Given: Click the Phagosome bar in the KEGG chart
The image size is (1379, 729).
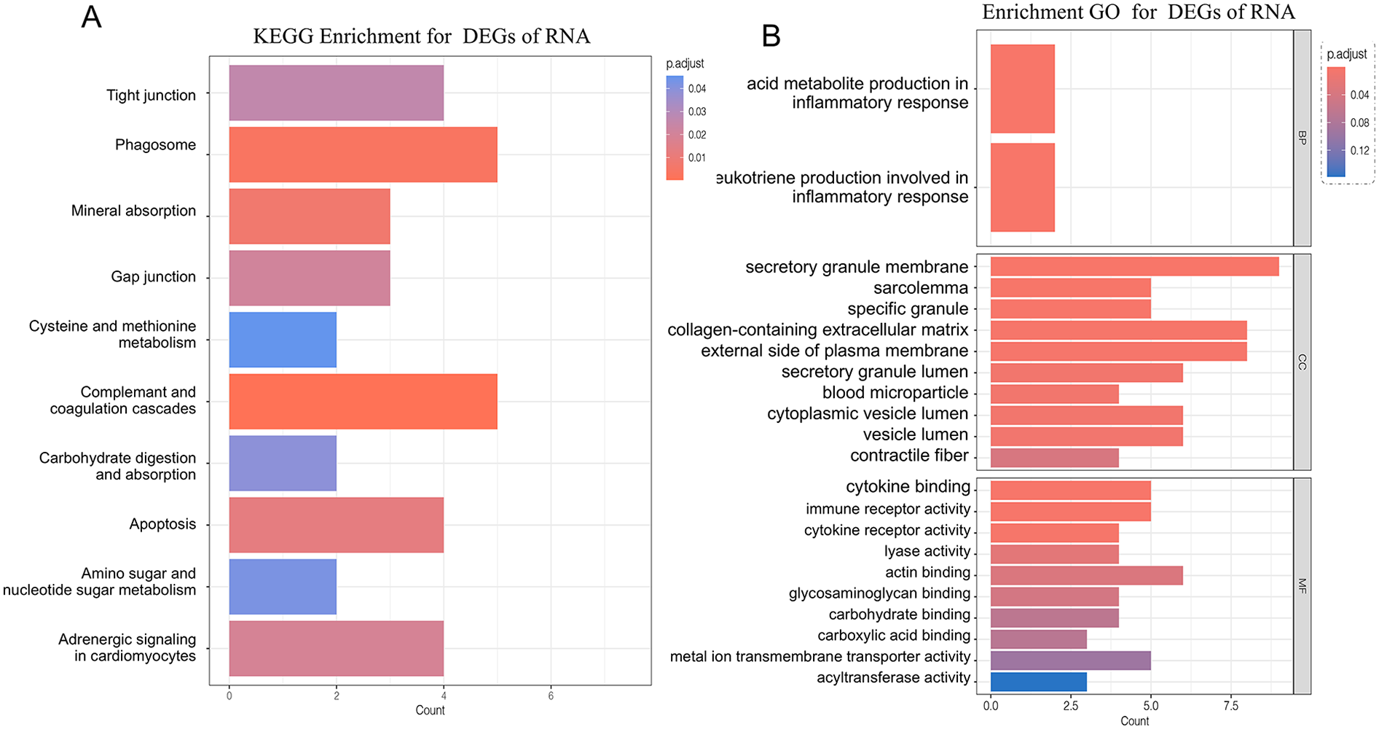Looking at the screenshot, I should click(363, 155).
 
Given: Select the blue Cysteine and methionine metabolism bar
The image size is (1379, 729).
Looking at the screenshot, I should click(283, 340).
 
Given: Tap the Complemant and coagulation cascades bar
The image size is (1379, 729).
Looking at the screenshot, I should click(363, 402).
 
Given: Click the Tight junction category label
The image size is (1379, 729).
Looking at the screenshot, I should click(151, 95).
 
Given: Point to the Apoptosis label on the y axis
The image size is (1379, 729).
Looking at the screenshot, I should click(162, 524).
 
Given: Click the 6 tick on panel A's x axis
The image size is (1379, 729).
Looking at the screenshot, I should click(551, 696).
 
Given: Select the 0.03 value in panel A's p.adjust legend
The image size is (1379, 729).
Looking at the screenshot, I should click(697, 112).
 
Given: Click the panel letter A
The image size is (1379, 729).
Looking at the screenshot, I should click(91, 17).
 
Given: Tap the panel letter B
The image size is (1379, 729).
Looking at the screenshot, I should click(771, 36).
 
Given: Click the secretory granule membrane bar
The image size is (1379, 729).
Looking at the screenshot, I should click(1134, 267).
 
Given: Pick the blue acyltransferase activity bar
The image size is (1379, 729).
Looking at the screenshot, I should click(1038, 682).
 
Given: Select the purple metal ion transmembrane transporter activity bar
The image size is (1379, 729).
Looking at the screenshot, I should click(1070, 660).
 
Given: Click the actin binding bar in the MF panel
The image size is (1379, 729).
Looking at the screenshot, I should click(1086, 576).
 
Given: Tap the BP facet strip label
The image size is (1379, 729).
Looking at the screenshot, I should click(1302, 138).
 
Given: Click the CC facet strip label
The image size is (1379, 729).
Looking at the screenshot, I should click(1302, 362).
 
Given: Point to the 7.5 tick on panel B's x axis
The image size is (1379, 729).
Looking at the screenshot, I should click(1230, 706).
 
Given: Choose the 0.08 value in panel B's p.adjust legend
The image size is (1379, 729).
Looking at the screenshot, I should click(1359, 122).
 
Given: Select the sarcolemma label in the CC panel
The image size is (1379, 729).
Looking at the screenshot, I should click(921, 288).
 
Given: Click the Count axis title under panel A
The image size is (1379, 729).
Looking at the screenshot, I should click(430, 711).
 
